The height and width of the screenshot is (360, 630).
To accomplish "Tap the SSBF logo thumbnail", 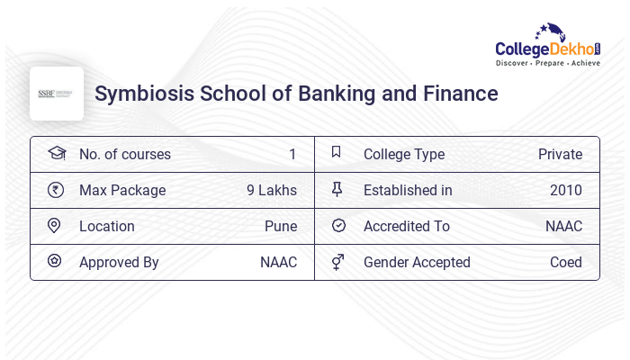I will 57,94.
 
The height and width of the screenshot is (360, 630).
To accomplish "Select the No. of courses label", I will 125,154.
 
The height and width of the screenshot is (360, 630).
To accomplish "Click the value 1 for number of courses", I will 292,154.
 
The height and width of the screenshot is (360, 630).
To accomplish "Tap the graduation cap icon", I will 56,153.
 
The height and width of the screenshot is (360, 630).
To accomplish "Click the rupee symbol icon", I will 56,190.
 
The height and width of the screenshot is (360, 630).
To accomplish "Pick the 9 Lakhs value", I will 272,190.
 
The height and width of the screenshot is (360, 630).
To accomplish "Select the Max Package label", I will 122,190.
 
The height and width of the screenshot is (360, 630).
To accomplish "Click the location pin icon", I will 55,226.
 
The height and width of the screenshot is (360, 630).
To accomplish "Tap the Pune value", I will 281,226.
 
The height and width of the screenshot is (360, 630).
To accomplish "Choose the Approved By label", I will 119,262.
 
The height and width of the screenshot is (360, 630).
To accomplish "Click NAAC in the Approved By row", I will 278,262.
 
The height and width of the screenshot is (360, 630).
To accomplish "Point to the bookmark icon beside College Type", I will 337,153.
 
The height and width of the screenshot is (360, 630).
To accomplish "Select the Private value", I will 560,154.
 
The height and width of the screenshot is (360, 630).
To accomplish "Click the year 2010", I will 566,190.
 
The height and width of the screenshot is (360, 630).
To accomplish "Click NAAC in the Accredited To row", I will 563,226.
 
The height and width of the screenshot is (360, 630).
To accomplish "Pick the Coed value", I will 566,262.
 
